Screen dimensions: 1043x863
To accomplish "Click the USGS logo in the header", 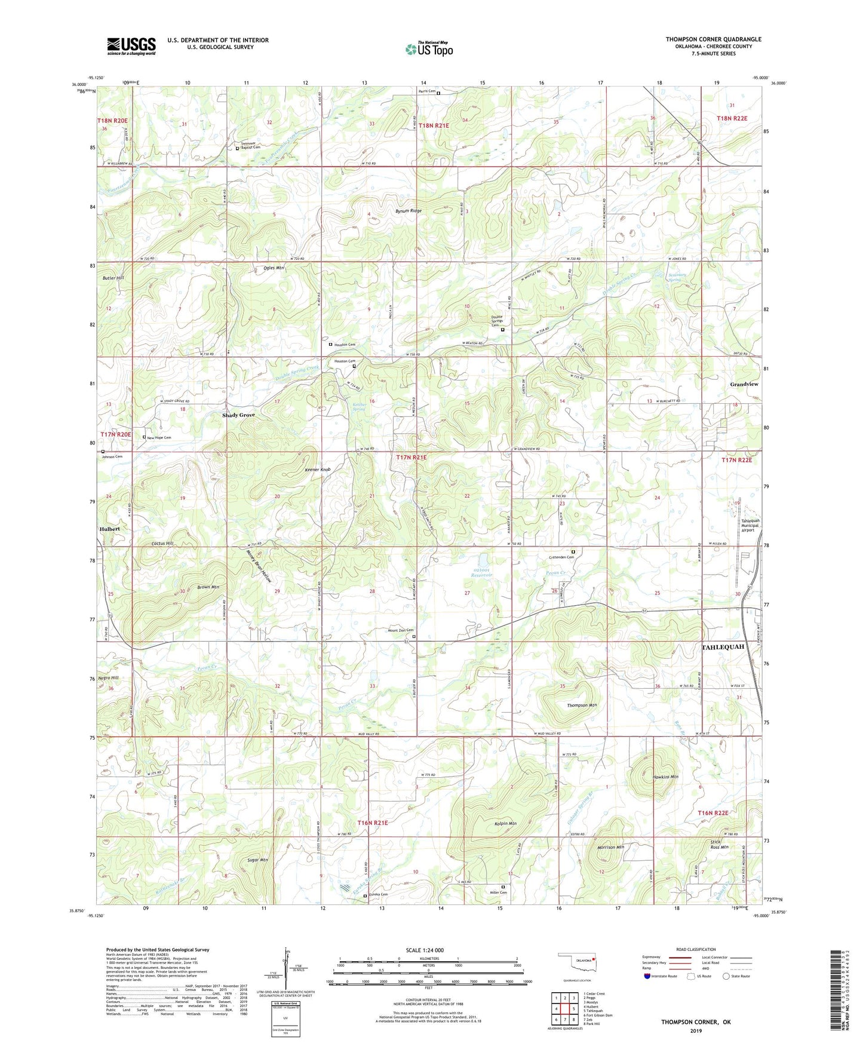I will pos(131,46).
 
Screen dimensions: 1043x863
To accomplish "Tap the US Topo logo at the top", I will pos(429,49).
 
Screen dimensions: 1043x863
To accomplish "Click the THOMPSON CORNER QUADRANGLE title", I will pos(713,39).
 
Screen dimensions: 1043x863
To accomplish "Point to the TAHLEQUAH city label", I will pos(723,647).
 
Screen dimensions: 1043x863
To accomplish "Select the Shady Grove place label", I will pos(238,415).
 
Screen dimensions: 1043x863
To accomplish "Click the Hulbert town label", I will pos(110,529).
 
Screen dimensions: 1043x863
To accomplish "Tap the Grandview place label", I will pos(744,384).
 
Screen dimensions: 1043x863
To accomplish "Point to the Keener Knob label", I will pos(317,470).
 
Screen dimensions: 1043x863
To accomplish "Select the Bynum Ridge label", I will pos(409,211).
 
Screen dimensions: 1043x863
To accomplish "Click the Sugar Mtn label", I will pos(257,860).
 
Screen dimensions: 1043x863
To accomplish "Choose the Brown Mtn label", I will pos(208,587).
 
